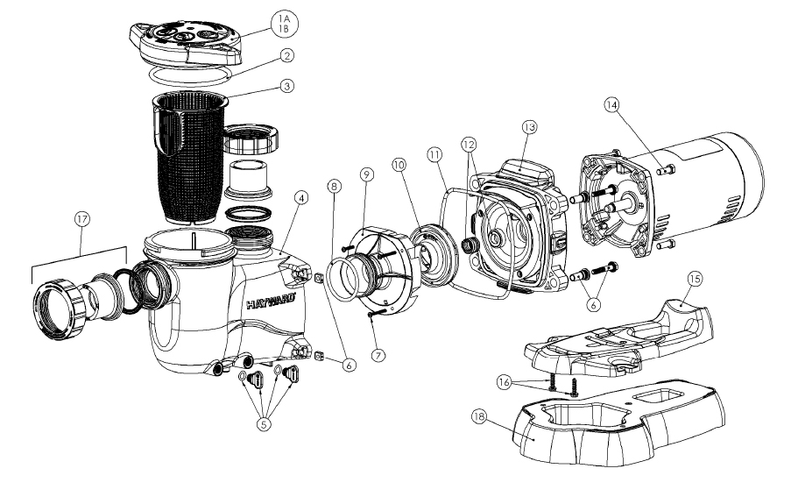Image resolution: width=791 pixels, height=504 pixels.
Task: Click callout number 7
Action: point(378,356)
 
